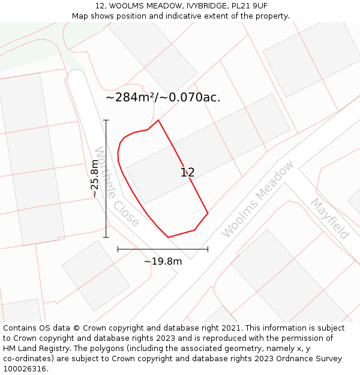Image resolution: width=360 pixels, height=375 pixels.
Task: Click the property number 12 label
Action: (188, 173)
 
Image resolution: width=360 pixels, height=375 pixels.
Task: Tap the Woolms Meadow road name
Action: (258, 199)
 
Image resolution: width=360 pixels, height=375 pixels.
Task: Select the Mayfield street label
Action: (329, 218)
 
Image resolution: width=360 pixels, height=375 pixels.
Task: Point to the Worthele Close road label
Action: (117, 187)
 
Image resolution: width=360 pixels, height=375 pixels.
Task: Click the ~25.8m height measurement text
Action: (95, 179)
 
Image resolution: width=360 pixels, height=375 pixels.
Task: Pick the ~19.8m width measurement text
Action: (163, 261)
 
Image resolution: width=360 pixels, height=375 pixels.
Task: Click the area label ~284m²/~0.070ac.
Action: (163, 97)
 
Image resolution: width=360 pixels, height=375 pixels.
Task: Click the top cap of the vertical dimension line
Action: (106, 120)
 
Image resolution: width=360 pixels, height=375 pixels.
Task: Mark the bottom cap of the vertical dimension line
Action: (106, 238)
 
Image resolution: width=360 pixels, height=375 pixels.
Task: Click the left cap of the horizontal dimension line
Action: (118, 249)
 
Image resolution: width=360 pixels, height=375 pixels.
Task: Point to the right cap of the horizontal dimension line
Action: (208, 249)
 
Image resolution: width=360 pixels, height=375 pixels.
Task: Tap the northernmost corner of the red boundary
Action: (158, 120)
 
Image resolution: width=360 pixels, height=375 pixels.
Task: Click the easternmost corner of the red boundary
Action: (208, 213)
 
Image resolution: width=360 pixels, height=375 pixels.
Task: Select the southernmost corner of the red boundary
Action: (168, 238)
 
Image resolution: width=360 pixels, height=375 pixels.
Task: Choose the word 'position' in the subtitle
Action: (121, 16)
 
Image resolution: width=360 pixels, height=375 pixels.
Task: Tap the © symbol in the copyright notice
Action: (76, 328)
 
